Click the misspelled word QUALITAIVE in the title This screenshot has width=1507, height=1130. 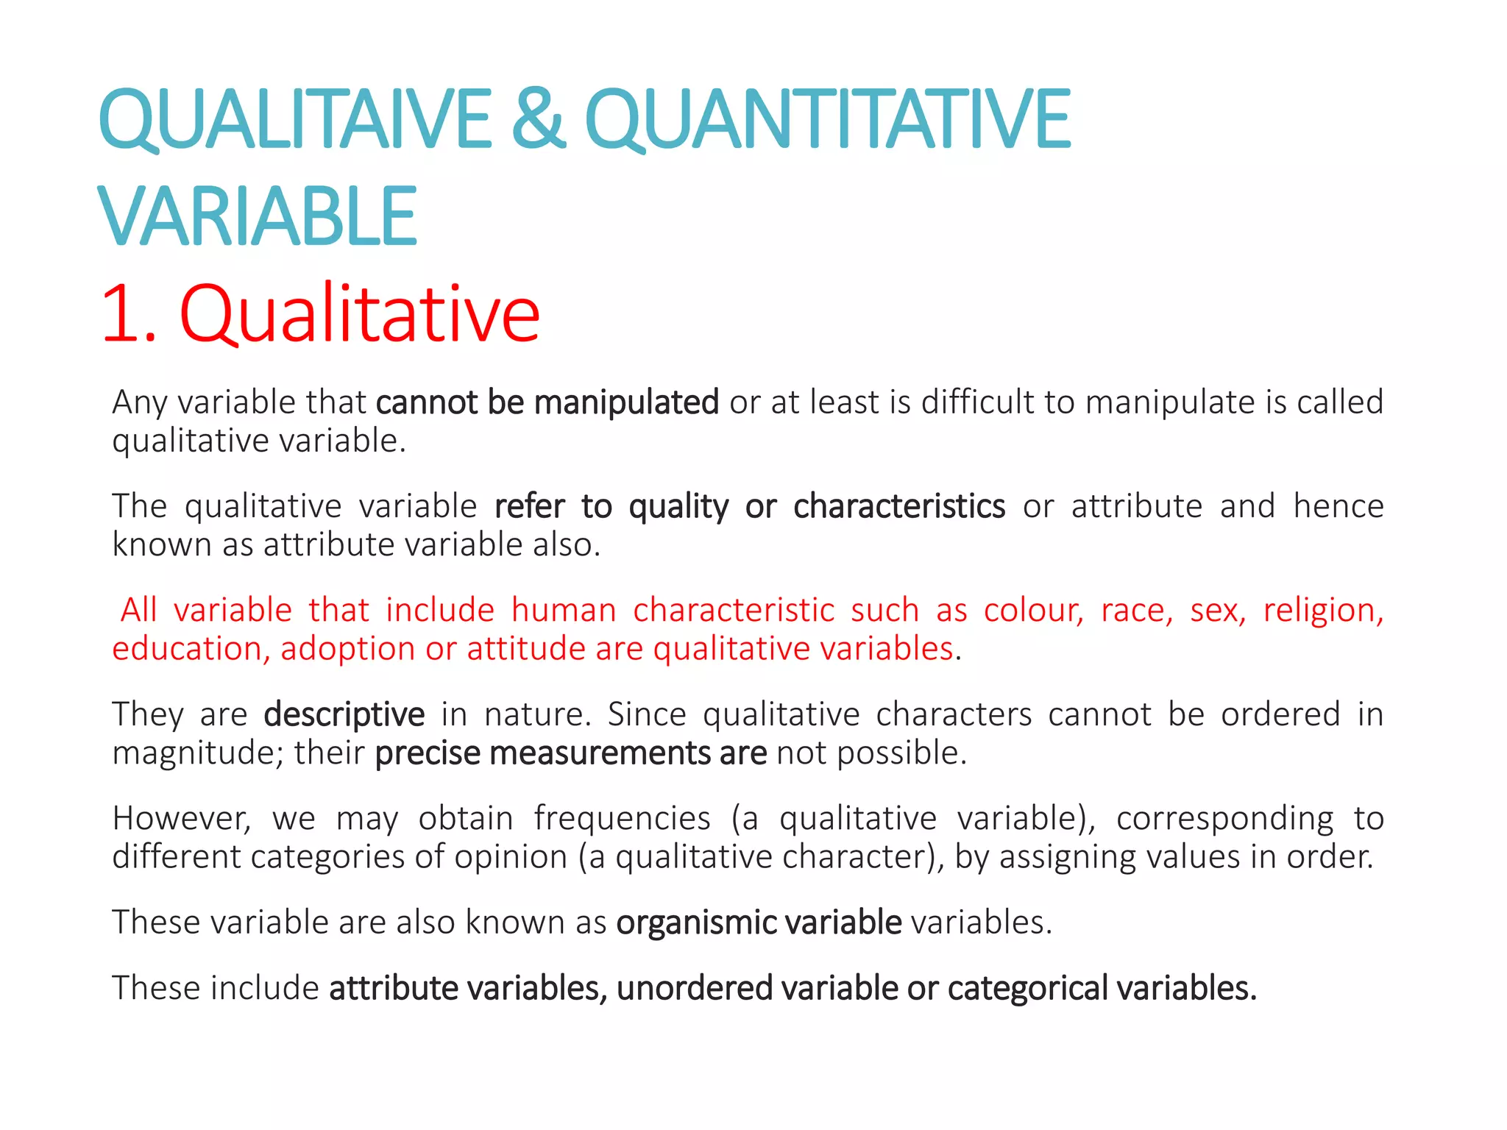point(294,119)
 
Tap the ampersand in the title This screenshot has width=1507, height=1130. point(538,119)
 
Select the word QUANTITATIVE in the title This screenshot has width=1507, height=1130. point(827,119)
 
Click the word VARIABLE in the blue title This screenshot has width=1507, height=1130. point(258,216)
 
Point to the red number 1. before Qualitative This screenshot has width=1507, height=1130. point(130,314)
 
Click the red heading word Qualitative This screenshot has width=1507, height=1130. point(359,314)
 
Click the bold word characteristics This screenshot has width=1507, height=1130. point(898,506)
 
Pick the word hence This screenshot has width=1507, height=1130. point(1338,506)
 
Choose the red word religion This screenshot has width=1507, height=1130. point(1323,611)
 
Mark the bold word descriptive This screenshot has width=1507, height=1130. point(344,714)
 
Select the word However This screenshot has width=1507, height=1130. point(181,819)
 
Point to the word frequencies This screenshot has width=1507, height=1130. point(622,819)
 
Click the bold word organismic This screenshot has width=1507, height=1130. point(696,923)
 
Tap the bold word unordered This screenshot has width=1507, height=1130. point(694,988)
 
